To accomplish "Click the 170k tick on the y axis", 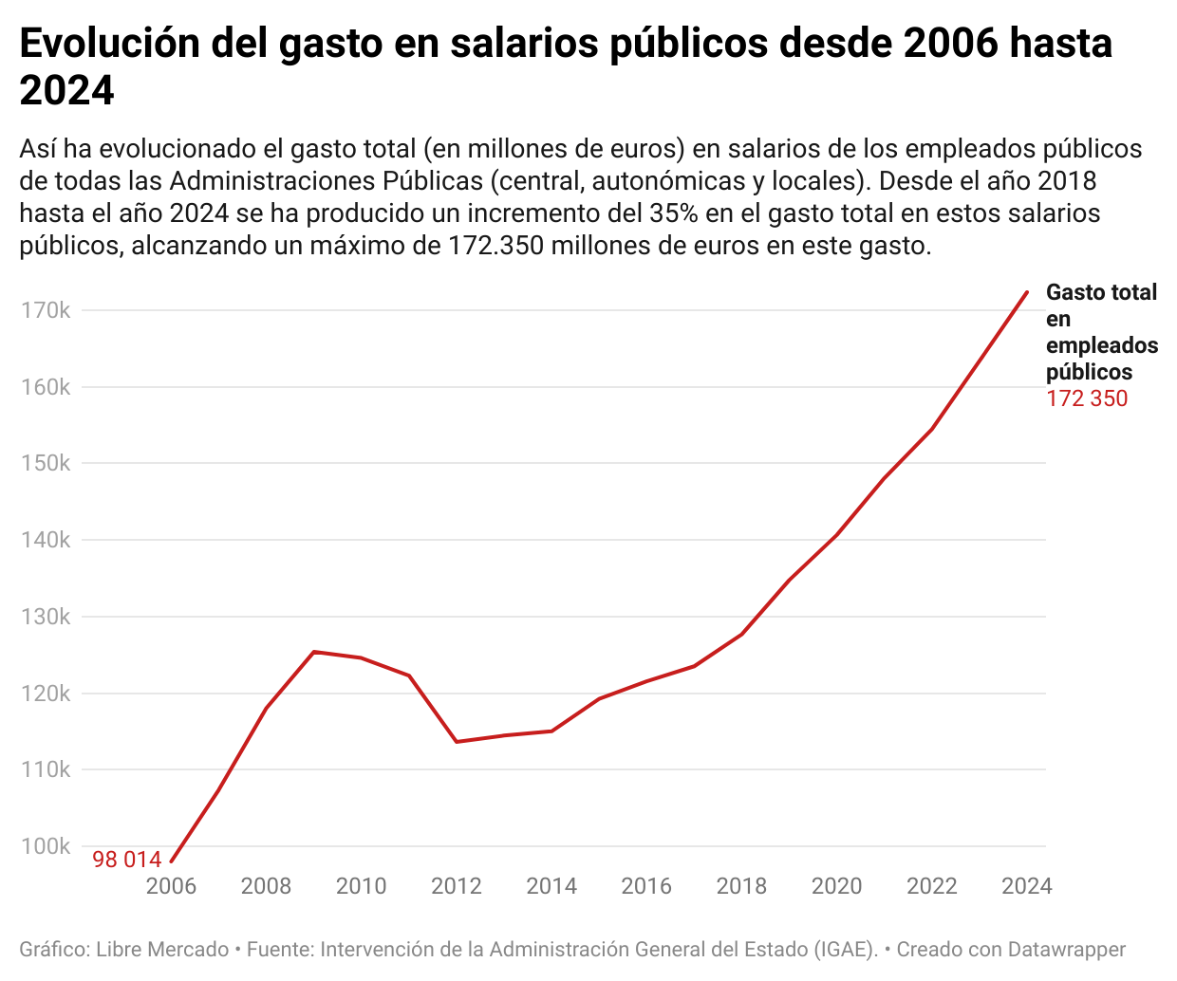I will pyautogui.click(x=46, y=310).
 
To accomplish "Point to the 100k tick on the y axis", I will pyautogui.click(x=46, y=846).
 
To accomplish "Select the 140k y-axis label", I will pyautogui.click(x=46, y=540).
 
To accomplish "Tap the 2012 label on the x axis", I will pyautogui.click(x=457, y=886).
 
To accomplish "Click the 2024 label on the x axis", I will pyautogui.click(x=1027, y=886).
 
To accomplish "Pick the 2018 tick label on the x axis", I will pyautogui.click(x=741, y=886).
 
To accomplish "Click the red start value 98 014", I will pyautogui.click(x=127, y=860).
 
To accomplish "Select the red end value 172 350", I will pyautogui.click(x=1087, y=398).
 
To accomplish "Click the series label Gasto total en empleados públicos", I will pyautogui.click(x=1101, y=332).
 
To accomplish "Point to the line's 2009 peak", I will pyautogui.click(x=314, y=652).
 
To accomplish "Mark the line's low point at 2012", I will pyautogui.click(x=457, y=742).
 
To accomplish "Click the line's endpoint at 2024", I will pyautogui.click(x=1027, y=292).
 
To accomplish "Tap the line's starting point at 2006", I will pyautogui.click(x=171, y=861).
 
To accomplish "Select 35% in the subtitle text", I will pyautogui.click(x=674, y=213).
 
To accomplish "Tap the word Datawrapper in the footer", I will pyautogui.click(x=1066, y=949).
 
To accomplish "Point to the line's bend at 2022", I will pyautogui.click(x=932, y=429).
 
